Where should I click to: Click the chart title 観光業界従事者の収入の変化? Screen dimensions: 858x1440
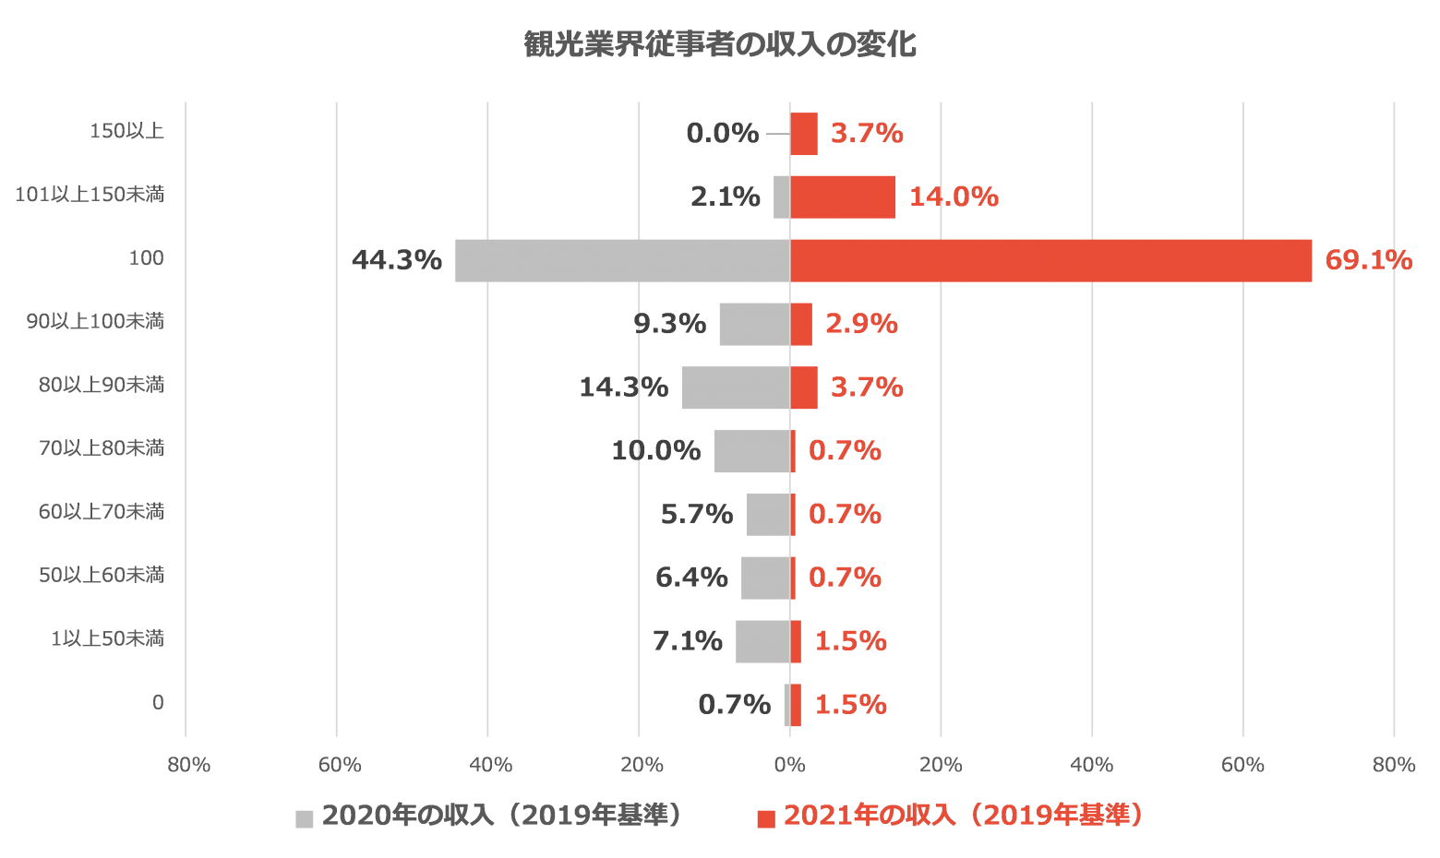pyautogui.click(x=720, y=44)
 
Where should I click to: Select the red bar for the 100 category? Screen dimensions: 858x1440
pyautogui.click(x=1050, y=260)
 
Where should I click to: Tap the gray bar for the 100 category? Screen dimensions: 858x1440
pyautogui.click(x=622, y=260)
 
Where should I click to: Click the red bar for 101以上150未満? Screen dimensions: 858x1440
pyautogui.click(x=843, y=197)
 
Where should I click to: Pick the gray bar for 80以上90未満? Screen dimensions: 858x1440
pyautogui.click(x=735, y=387)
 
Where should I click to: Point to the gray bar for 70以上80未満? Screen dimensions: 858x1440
pyautogui.click(x=751, y=451)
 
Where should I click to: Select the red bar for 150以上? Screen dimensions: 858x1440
pyautogui.click(x=804, y=134)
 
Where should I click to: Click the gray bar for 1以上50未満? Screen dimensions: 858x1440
pyautogui.click(x=762, y=641)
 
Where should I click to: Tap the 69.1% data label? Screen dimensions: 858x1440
pyautogui.click(x=1368, y=260)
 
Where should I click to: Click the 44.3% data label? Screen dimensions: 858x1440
pyautogui.click(x=397, y=260)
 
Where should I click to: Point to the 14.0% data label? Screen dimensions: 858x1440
pyautogui.click(x=954, y=197)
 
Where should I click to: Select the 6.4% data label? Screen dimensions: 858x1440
pyautogui.click(x=691, y=578)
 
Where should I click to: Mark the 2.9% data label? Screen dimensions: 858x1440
pyautogui.click(x=861, y=324)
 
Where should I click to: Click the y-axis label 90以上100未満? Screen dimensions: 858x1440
pyautogui.click(x=95, y=321)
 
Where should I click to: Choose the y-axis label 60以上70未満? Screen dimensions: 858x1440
pyautogui.click(x=102, y=511)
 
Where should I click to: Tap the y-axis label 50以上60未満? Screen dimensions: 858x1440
pyautogui.click(x=102, y=575)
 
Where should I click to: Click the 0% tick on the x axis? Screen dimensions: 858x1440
pyautogui.click(x=790, y=765)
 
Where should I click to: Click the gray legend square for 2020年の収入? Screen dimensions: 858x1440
pyautogui.click(x=305, y=818)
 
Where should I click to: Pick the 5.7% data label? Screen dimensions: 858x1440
pyautogui.click(x=697, y=514)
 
